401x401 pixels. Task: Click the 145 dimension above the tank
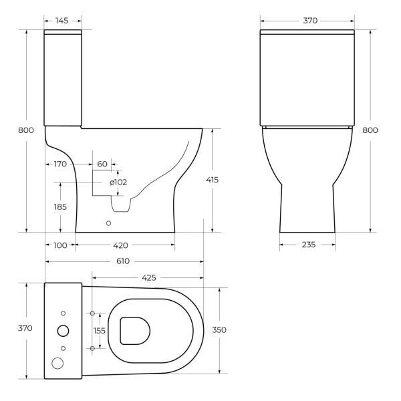pyautogui.click(x=62, y=21)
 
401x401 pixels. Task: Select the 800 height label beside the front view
pyautogui.click(x=370, y=130)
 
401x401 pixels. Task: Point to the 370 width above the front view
pyautogui.click(x=309, y=21)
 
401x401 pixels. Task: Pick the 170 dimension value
pyautogui.click(x=61, y=164)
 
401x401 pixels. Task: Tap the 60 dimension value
pyautogui.click(x=102, y=164)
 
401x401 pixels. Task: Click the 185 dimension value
pyautogui.click(x=60, y=207)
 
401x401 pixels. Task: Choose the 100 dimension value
pyautogui.click(x=60, y=245)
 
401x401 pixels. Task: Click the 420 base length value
pyautogui.click(x=120, y=245)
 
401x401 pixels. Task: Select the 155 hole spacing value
pyautogui.click(x=100, y=330)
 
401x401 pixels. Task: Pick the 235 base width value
pyautogui.click(x=307, y=245)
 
